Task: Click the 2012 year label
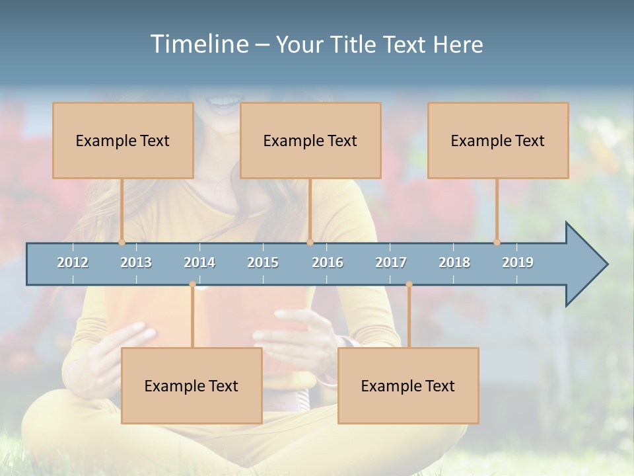tap(73, 262)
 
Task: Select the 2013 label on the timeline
tap(136, 262)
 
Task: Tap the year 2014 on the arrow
tap(199, 262)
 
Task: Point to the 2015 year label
tap(263, 262)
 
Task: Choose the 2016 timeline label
tap(328, 262)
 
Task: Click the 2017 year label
tap(391, 262)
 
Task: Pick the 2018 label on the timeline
tap(454, 262)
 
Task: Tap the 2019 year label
tap(518, 262)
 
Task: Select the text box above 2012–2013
tap(123, 140)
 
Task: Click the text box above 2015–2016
tap(310, 140)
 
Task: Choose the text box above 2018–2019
tap(498, 140)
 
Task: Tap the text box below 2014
tap(192, 385)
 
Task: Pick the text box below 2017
tap(408, 385)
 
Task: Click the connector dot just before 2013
tap(122, 243)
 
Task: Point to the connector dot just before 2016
tap(310, 243)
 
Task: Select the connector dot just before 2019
tap(497, 243)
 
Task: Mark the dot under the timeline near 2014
tap(192, 284)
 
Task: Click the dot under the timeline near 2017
tap(409, 284)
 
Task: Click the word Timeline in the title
tap(198, 44)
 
